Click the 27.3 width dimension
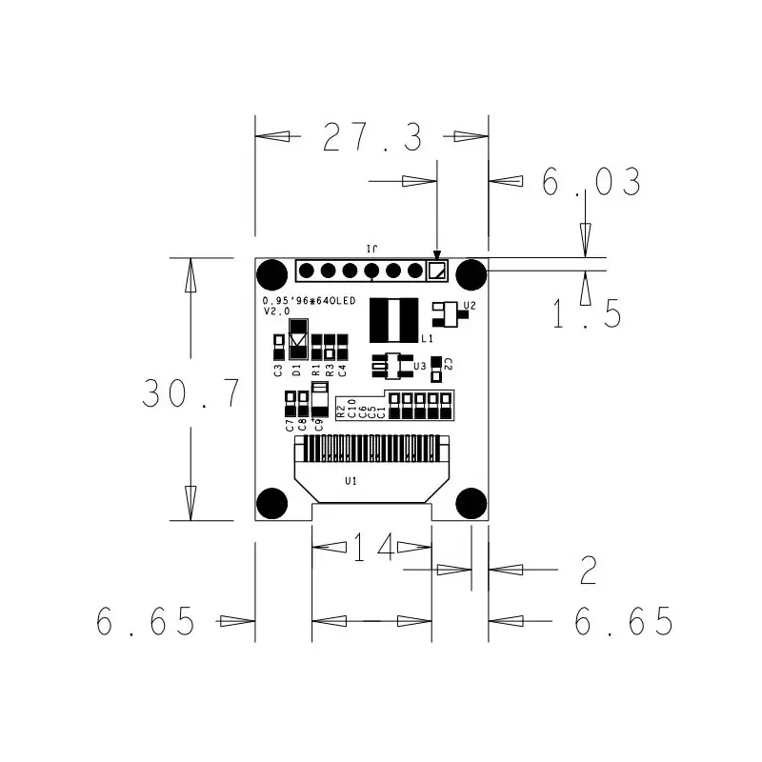372,137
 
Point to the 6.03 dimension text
592,182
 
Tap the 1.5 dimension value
588,312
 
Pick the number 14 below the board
372,548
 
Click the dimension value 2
588,571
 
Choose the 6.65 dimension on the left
146,622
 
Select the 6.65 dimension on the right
624,622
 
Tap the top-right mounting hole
471,274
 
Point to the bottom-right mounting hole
471,502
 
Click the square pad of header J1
436,271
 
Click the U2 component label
469,306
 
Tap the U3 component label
419,366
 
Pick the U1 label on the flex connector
351,481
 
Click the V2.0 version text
276,311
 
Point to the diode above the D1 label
298,338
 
